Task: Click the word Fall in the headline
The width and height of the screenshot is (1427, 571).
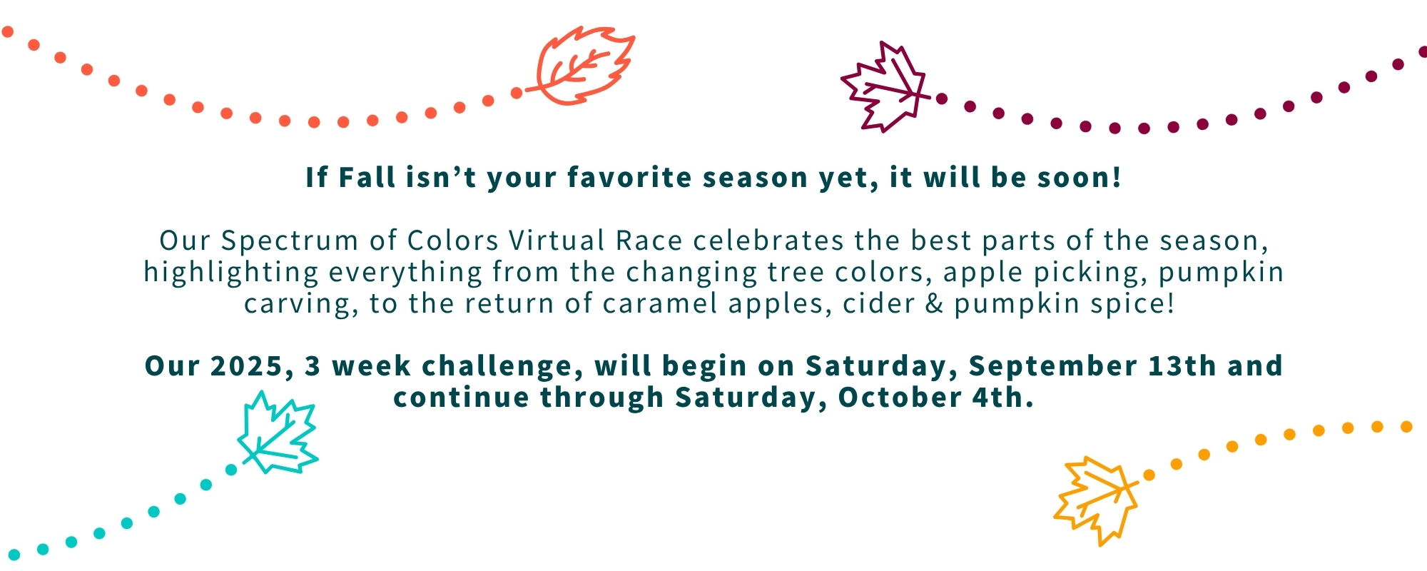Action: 367,177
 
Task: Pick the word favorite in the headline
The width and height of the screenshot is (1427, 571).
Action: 629,177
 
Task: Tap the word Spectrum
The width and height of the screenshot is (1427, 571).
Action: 290,241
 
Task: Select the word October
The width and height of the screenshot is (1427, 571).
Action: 900,398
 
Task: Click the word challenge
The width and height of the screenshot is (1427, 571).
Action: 497,366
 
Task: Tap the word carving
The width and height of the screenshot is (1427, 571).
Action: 298,304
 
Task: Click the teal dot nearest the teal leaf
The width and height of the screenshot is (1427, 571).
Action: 231,470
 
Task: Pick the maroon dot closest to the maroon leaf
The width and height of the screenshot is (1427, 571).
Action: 942,98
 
